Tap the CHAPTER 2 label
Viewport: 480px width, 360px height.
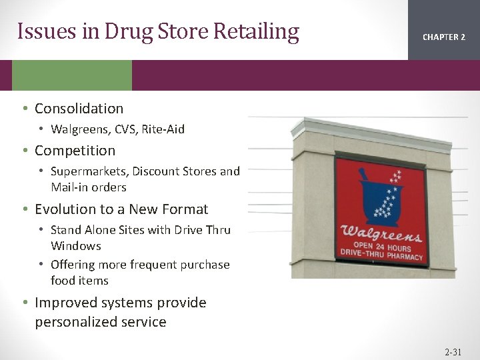(444, 37)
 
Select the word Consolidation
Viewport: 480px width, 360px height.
(79, 109)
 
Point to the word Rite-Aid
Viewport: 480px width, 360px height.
(163, 129)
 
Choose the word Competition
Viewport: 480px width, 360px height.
(75, 151)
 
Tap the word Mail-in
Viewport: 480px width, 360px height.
(69, 187)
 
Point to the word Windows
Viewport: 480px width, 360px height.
(75, 246)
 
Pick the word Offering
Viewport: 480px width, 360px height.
(73, 265)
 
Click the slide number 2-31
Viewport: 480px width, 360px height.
(453, 351)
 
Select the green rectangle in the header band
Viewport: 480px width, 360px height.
(72, 75)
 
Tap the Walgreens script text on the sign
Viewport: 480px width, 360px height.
(381, 235)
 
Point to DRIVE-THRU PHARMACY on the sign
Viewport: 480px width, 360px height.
(381, 257)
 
